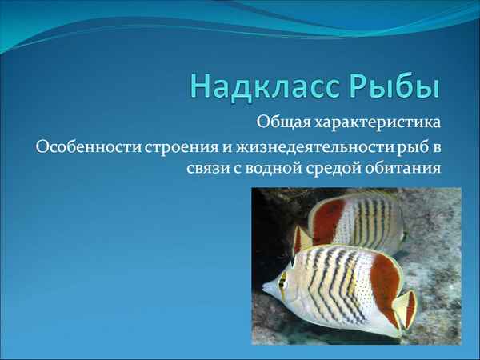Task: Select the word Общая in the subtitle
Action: (x=278, y=124)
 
